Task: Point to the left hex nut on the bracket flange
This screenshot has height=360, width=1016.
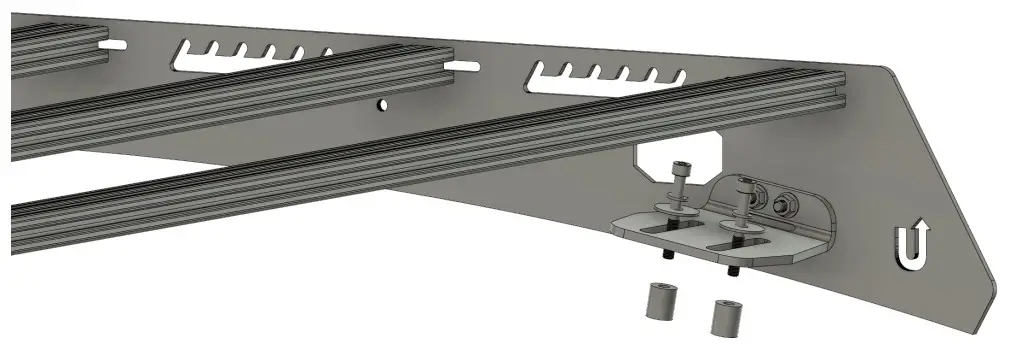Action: (x=761, y=197)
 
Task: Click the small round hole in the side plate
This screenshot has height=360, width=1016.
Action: (x=381, y=103)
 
